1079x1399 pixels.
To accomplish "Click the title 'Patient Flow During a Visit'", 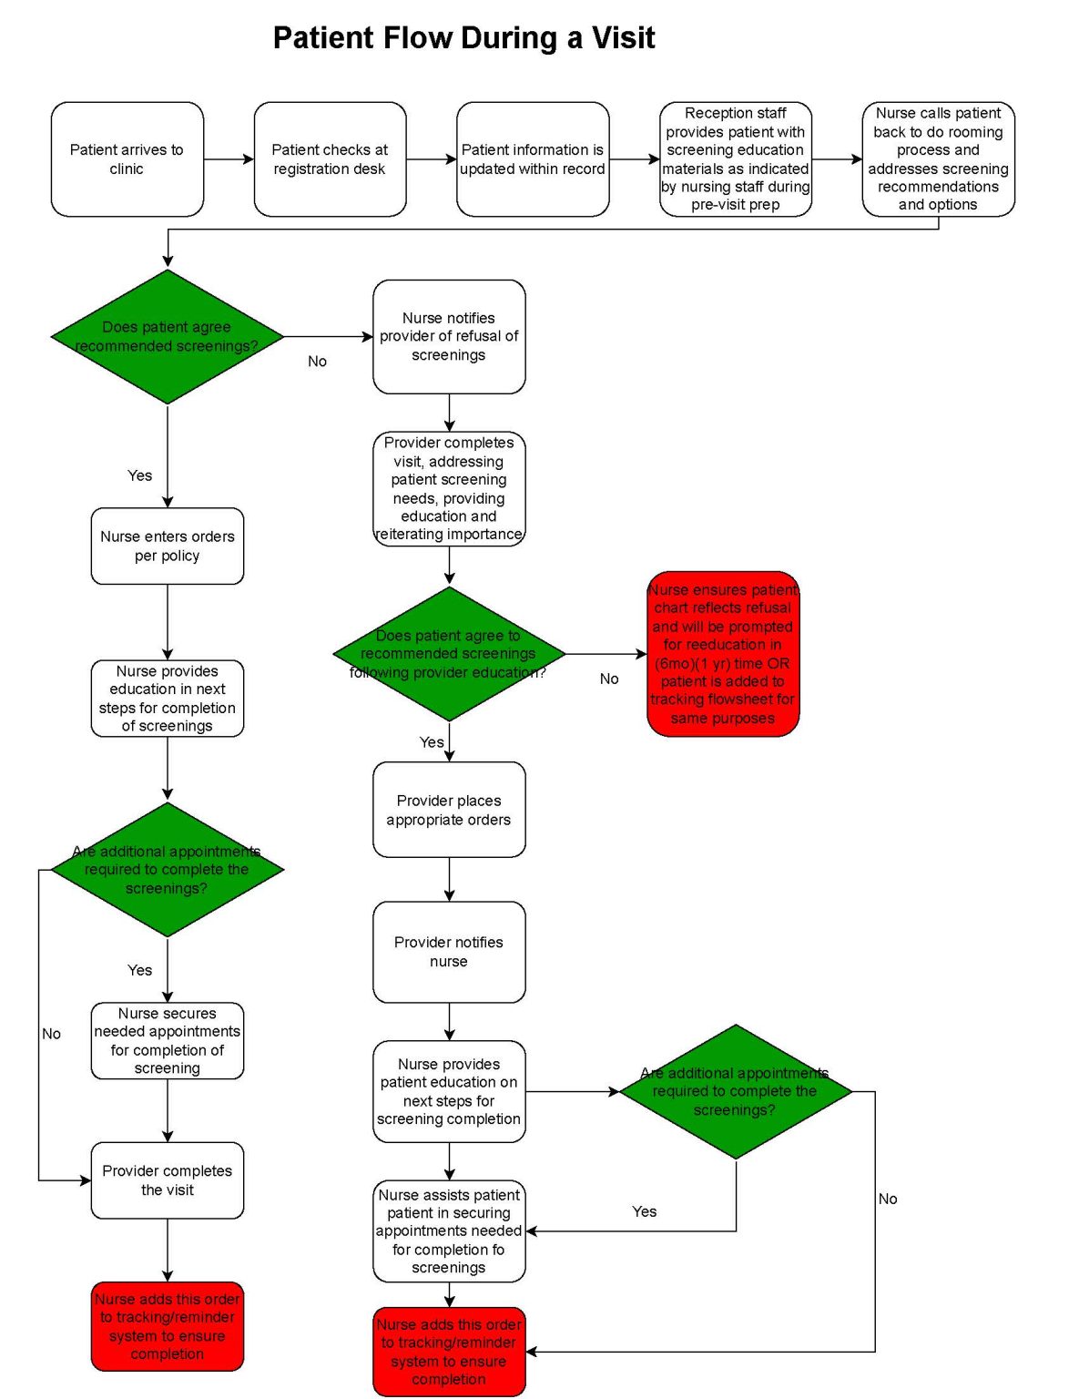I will (x=463, y=38).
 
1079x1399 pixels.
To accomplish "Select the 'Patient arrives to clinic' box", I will (x=127, y=159).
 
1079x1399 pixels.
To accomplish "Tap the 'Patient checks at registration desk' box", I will (x=330, y=159).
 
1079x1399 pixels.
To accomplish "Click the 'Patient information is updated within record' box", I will (x=533, y=159).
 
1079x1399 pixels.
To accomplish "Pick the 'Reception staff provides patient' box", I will (x=735, y=159).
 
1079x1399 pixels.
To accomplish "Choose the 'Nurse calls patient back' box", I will (x=938, y=159).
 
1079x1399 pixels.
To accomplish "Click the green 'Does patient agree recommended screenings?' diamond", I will (x=168, y=337).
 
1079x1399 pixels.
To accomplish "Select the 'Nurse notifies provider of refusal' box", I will (x=449, y=337).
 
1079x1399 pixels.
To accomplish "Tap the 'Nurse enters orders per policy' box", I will (x=168, y=546).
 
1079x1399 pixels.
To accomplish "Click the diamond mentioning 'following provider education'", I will (x=449, y=654).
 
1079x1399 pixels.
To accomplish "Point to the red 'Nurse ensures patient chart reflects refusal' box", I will (x=723, y=654).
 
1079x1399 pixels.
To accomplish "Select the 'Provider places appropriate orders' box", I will (x=449, y=810).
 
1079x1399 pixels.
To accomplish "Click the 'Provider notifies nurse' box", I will (x=449, y=952).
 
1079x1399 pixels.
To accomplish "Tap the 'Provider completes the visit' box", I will (x=168, y=1180).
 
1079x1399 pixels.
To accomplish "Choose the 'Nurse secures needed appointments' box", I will (x=168, y=1041).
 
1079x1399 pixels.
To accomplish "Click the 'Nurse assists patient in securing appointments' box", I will (x=449, y=1231).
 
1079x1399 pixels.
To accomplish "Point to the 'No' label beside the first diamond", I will (x=317, y=362).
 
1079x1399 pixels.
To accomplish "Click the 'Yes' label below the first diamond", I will (x=139, y=475).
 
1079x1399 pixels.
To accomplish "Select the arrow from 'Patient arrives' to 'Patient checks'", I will (x=229, y=159).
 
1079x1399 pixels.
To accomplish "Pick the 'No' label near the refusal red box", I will (x=609, y=679).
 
